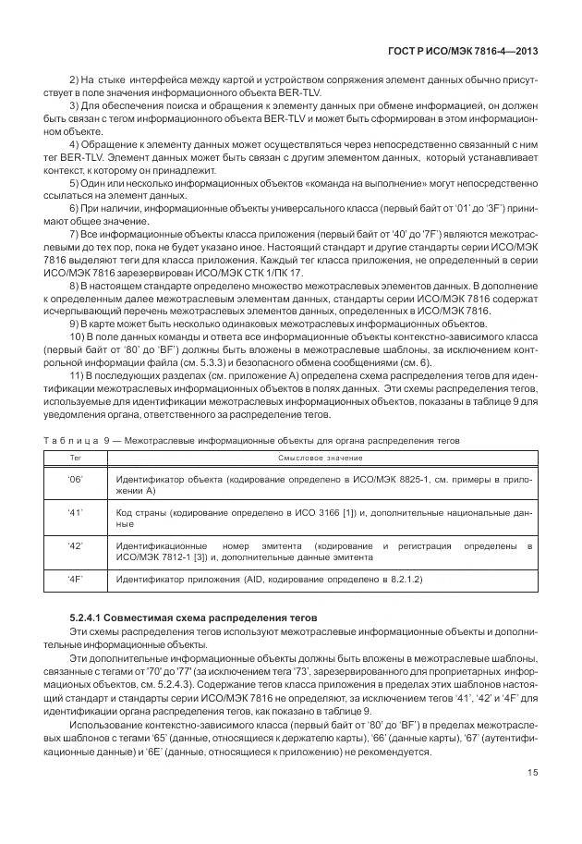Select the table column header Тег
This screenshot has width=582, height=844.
click(x=75, y=458)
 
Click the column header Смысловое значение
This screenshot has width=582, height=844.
click(x=320, y=458)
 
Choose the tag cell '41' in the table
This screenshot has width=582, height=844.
click(x=75, y=512)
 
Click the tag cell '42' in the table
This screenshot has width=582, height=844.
click(x=75, y=547)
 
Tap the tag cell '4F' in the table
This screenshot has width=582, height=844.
click(x=75, y=580)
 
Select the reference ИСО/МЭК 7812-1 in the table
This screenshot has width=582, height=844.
click(x=147, y=558)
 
